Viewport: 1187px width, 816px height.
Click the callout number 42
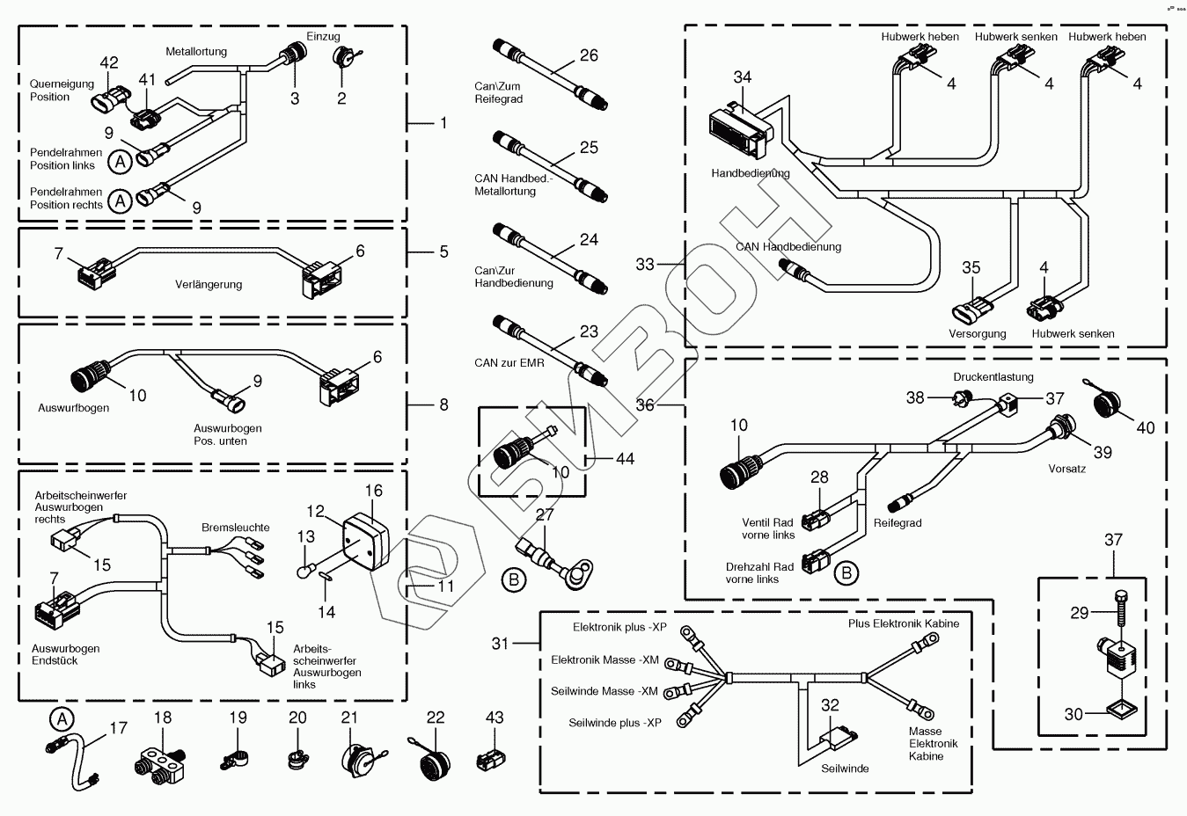108,62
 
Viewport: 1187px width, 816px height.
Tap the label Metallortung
196,52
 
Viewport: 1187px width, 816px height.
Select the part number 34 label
743,77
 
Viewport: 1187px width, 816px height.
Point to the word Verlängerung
209,285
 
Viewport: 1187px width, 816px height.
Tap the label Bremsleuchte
236,528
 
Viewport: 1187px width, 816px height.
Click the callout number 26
589,55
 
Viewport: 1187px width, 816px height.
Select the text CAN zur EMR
509,363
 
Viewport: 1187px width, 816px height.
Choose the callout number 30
1073,715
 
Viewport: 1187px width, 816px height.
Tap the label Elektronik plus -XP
619,628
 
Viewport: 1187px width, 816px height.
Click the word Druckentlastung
993,377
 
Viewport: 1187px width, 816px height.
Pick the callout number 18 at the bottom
163,718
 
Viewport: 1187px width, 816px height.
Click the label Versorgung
977,334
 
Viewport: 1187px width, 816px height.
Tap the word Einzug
323,37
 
